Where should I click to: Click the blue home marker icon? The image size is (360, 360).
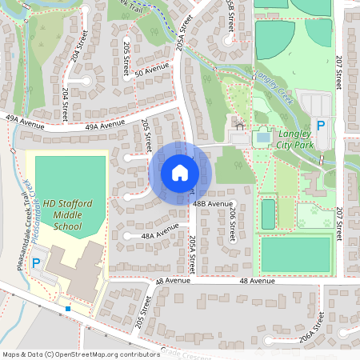(180, 173)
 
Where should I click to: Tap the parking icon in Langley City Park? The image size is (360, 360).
(321, 126)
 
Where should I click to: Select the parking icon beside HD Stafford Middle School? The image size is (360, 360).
(34, 262)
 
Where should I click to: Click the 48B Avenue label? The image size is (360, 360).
(212, 203)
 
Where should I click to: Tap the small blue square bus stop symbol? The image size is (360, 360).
(68, 308)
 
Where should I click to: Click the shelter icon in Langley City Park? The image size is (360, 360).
(238, 126)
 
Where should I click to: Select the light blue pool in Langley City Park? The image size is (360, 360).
(262, 138)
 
